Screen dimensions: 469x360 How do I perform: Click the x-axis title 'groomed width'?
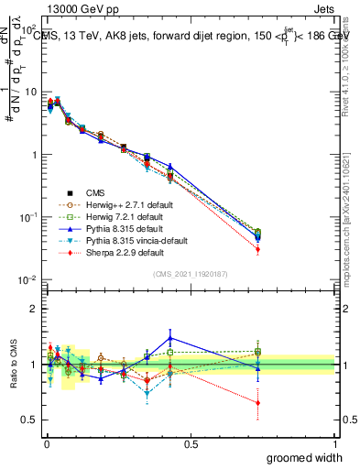[x=305, y=457]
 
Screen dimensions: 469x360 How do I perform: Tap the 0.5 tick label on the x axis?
[x=191, y=444]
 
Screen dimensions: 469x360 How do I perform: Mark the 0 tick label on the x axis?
[x=46, y=444]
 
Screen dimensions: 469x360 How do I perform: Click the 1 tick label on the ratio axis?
[x=34, y=365]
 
